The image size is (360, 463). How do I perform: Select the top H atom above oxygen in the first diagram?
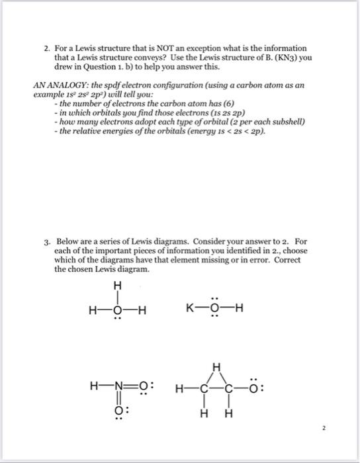pyautogui.click(x=118, y=286)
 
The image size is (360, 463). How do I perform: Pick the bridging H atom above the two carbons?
pyautogui.click(x=214, y=368)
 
